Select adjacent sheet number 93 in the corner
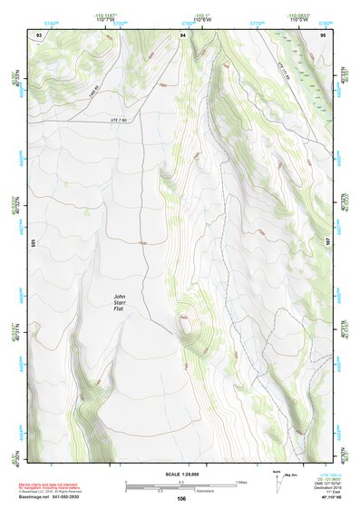tap(39, 34)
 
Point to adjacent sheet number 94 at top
tap(183, 34)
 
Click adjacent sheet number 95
tap(325, 34)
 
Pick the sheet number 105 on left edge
tap(31, 244)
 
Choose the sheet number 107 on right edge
tap(329, 244)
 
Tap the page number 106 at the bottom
tap(181, 498)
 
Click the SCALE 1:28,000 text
tap(181, 475)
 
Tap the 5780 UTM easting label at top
tap(326, 20)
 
